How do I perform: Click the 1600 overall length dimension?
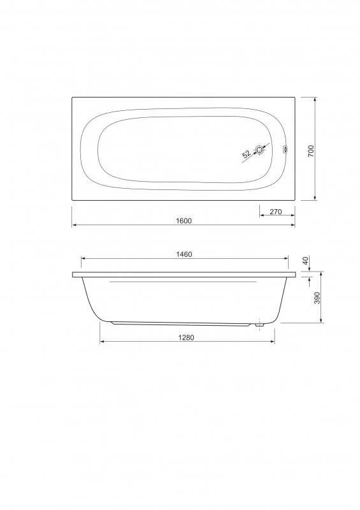184,221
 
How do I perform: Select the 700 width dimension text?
311,150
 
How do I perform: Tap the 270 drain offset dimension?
276,212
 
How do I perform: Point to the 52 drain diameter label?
246,155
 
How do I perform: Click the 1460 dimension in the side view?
184,254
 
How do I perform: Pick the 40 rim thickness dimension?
305,261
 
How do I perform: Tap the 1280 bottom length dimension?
185,338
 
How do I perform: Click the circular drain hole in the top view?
259,150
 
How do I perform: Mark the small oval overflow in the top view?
285,151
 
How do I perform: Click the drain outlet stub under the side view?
259,325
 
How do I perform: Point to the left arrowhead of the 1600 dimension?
74,225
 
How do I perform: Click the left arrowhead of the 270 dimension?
261,216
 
